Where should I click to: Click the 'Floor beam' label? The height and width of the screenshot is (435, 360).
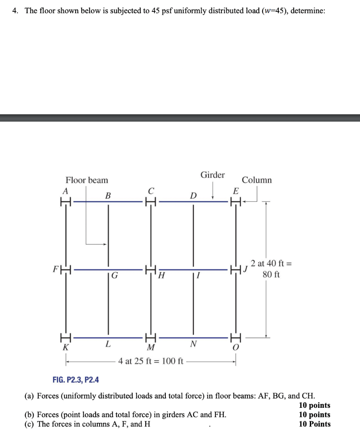(x=87, y=180)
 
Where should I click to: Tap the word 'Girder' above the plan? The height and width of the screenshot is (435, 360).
(x=213, y=175)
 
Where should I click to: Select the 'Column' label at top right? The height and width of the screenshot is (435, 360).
(x=257, y=180)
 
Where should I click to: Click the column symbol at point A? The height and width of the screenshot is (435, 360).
(x=65, y=201)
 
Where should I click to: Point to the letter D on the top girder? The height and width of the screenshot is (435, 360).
(x=193, y=195)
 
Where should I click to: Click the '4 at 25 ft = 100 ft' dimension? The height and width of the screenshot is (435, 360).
(x=150, y=362)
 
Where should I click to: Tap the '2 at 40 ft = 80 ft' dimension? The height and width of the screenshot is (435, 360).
(x=271, y=269)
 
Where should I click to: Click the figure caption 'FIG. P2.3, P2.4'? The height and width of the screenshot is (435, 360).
(x=76, y=379)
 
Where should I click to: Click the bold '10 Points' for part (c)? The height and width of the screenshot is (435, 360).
(x=315, y=424)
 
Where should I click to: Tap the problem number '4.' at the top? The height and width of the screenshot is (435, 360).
(x=15, y=11)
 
